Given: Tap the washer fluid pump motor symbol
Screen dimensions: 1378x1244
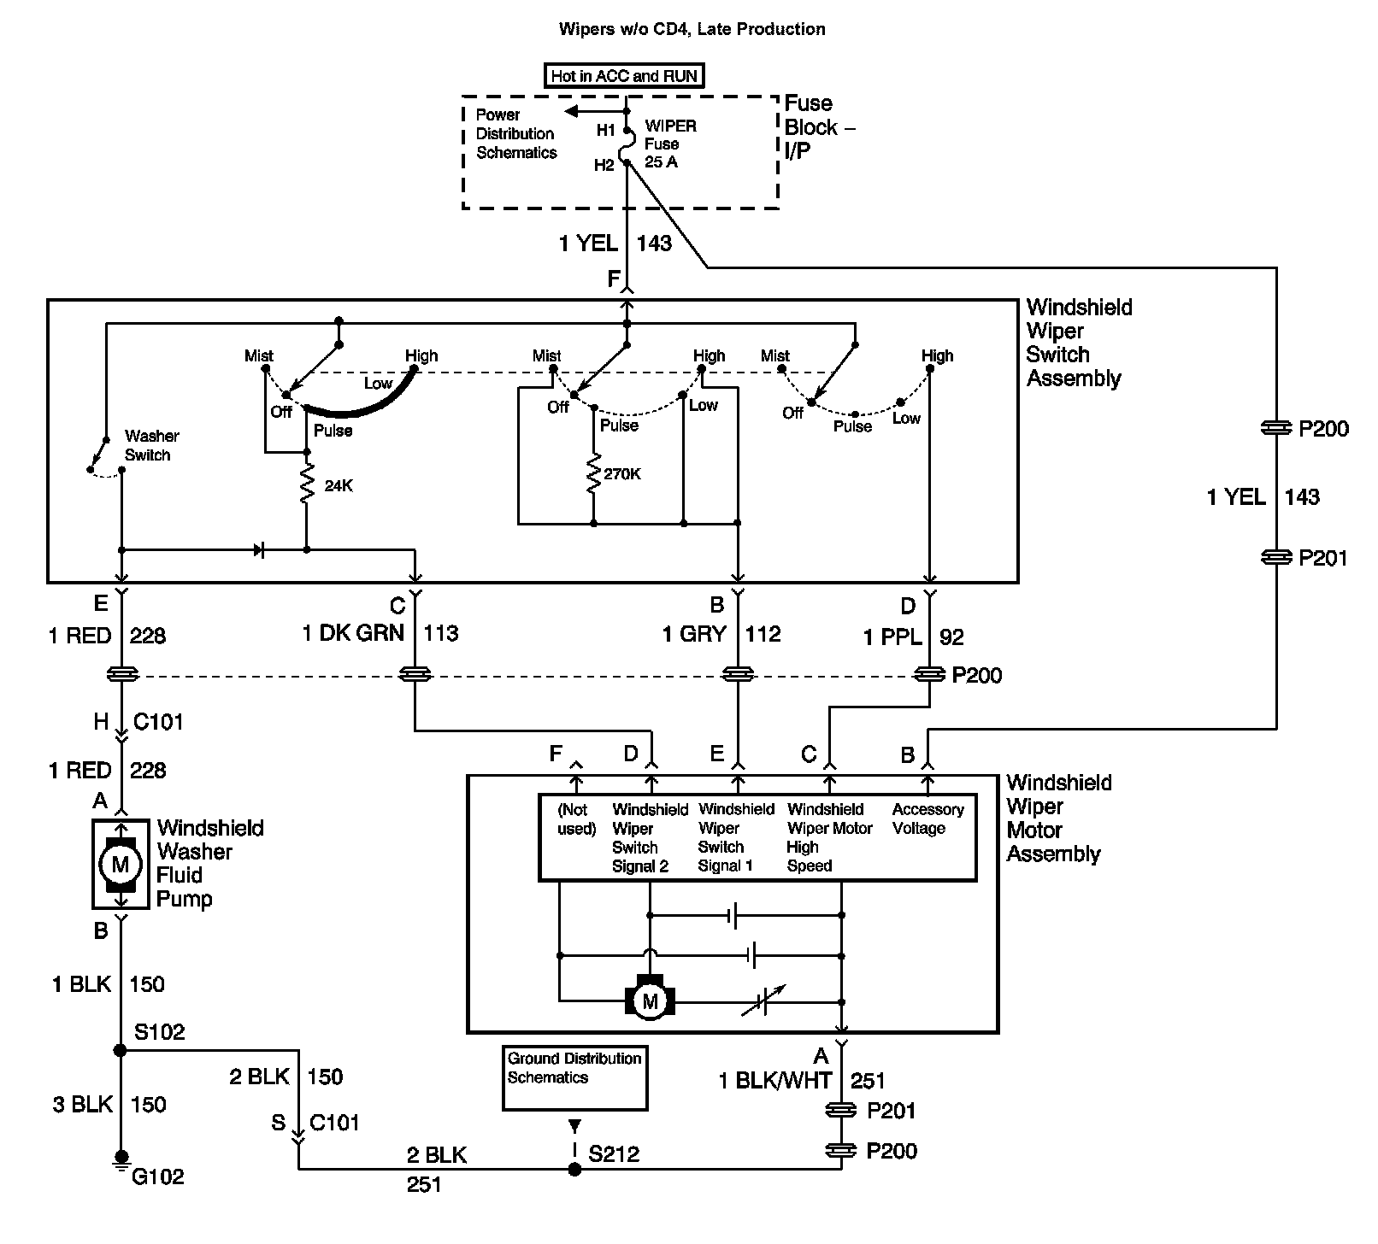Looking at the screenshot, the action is pyautogui.click(x=121, y=864).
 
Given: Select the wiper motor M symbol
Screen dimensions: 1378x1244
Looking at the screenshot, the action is pyautogui.click(x=650, y=1000).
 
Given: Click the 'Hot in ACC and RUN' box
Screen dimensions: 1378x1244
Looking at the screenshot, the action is pyautogui.click(x=624, y=76).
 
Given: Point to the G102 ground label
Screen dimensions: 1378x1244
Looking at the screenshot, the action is pyautogui.click(x=158, y=1177).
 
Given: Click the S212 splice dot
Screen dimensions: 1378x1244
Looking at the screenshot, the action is pyautogui.click(x=574, y=1169).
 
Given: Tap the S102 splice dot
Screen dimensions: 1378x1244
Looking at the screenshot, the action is pyautogui.click(x=121, y=1050).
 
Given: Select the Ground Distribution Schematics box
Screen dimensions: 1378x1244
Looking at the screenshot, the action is pyautogui.click(x=574, y=1078).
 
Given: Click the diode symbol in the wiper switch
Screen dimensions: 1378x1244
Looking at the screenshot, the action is pyautogui.click(x=260, y=550).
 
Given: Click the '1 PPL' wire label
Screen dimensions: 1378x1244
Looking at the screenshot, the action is pyautogui.click(x=892, y=637).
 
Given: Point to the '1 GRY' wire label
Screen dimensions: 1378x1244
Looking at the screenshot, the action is pyautogui.click(x=693, y=634).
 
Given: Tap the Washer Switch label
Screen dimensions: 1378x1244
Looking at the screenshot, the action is pyautogui.click(x=151, y=445).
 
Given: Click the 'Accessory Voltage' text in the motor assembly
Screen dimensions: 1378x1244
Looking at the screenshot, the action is pyautogui.click(x=927, y=819).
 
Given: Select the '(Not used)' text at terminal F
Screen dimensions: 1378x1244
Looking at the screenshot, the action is pyautogui.click(x=576, y=819).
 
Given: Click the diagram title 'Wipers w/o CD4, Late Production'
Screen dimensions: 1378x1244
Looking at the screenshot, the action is pyautogui.click(x=692, y=29).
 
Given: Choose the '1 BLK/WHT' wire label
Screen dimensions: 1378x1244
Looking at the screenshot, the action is pyautogui.click(x=775, y=1081).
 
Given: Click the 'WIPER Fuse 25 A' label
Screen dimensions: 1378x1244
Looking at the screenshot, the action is pyautogui.click(x=670, y=144).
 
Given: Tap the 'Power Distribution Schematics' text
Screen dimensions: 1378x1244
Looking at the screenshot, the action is pyautogui.click(x=516, y=133).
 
